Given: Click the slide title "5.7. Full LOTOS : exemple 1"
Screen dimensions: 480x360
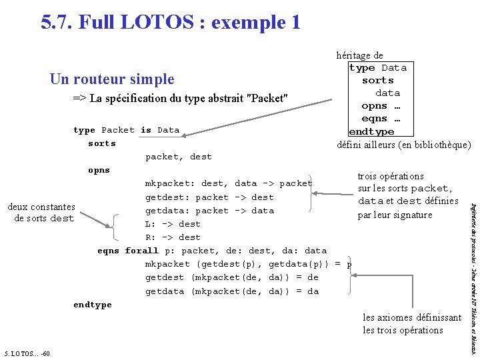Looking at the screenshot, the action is pyautogui.click(x=171, y=22).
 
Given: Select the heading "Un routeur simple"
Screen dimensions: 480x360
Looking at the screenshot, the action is pyautogui.click(x=111, y=79).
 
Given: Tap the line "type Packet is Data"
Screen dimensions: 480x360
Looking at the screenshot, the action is pyautogui.click(x=126, y=130).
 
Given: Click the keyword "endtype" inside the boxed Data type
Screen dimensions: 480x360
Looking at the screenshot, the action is pyautogui.click(x=371, y=131).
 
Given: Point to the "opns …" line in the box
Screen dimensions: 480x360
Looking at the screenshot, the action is pyautogui.click(x=381, y=106).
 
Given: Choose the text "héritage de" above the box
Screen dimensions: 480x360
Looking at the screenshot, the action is pyautogui.click(x=360, y=55).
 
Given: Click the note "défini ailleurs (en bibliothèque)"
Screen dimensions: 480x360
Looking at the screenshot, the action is pyautogui.click(x=405, y=145).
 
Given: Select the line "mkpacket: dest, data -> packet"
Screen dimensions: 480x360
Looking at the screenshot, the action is pyautogui.click(x=229, y=183).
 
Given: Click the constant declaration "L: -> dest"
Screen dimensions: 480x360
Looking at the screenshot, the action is pyautogui.click(x=173, y=224).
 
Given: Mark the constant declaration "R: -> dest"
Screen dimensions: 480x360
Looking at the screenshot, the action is pyautogui.click(x=173, y=237).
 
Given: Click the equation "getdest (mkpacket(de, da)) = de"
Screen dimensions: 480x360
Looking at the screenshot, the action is pyautogui.click(x=232, y=277).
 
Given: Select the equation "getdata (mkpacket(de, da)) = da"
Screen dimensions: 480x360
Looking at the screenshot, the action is pyautogui.click(x=232, y=291).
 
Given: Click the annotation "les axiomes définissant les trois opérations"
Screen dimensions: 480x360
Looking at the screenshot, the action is pyautogui.click(x=411, y=324).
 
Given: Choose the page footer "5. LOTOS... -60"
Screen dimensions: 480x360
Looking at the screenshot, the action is pyautogui.click(x=26, y=353).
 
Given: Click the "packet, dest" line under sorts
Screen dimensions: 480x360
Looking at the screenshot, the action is pyautogui.click(x=179, y=157).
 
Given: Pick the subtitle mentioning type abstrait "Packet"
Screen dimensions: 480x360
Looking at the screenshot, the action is pyautogui.click(x=180, y=99).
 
